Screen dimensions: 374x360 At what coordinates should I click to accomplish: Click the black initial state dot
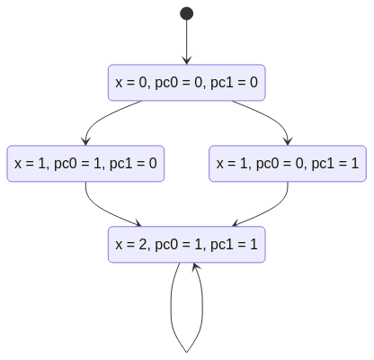pos(186,13)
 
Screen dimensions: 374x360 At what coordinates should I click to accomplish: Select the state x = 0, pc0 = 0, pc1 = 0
pos(186,83)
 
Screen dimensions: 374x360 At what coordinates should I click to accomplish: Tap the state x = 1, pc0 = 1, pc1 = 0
pos(85,164)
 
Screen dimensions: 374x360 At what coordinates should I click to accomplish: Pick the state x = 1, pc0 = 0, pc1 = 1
pos(288,164)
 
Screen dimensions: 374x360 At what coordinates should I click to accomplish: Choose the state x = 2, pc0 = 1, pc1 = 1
pos(186,245)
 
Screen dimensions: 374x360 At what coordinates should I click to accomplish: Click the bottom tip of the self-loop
pos(186,352)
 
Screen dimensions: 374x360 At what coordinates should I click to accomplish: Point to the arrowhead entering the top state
pos(187,60)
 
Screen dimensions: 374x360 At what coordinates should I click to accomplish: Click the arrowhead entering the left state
pos(85,141)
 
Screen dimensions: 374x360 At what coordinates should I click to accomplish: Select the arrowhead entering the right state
pos(288,141)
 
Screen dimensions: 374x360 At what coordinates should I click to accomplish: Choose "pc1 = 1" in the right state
pos(335,164)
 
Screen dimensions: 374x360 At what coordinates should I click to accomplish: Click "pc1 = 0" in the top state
pos(234,83)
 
